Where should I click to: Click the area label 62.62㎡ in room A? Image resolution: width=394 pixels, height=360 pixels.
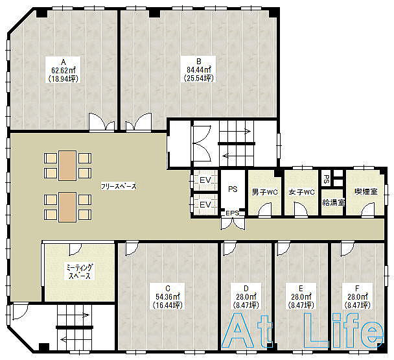[64, 70]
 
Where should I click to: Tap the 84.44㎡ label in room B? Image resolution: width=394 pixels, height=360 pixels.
[199, 69]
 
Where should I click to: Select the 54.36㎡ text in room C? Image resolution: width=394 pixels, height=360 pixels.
[168, 297]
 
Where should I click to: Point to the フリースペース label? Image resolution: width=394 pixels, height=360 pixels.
[119, 186]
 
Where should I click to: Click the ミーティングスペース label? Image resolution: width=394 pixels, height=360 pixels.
[80, 271]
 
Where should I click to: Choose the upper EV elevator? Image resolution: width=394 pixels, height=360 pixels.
[205, 180]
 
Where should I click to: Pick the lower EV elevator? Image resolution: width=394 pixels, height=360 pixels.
[205, 204]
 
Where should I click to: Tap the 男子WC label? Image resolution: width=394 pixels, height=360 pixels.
[264, 192]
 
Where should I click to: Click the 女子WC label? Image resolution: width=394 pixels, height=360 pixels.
[301, 192]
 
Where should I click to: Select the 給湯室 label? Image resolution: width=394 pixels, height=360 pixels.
[334, 202]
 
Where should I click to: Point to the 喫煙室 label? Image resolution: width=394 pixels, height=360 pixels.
[366, 191]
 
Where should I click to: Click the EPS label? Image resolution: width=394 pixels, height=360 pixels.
[233, 213]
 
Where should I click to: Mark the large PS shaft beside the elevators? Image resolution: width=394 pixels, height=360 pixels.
[233, 189]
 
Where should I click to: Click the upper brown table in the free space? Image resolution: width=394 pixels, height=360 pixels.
[67, 165]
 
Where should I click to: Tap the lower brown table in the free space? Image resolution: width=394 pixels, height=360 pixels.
[67, 207]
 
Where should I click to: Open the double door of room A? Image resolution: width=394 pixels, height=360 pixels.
[102, 122]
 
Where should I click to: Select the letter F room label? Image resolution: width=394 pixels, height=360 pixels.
[357, 288]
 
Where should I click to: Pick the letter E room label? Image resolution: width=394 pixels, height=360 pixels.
[301, 288]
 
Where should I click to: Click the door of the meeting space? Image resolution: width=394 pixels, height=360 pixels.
[75, 249]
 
